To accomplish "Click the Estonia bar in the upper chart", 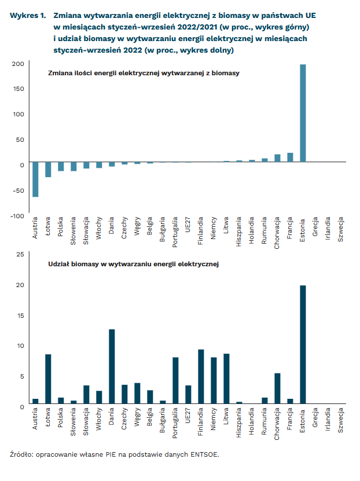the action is (303, 113).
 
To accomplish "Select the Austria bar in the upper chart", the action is (35, 179).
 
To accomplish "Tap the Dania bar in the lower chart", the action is (112, 366).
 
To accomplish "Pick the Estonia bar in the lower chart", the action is (303, 344).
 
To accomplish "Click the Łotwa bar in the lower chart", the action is (48, 379).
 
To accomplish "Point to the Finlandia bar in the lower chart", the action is (201, 376).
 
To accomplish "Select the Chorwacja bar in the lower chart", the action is (277, 388).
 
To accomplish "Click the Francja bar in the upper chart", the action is (290, 157).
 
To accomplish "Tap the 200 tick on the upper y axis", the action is (18, 64).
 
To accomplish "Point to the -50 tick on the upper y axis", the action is (19, 190).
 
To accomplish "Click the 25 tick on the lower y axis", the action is (20, 254).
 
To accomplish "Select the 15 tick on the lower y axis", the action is (20, 315).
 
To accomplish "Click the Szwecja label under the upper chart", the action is (340, 229).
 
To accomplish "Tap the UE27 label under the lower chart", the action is (188, 416).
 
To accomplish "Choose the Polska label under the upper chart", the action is (60, 227).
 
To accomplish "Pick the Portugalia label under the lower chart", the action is (175, 423).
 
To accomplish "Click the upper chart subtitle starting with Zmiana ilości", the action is (144, 73).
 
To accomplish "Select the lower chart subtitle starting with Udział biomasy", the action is (133, 264).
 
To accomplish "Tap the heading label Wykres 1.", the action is (28, 15).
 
